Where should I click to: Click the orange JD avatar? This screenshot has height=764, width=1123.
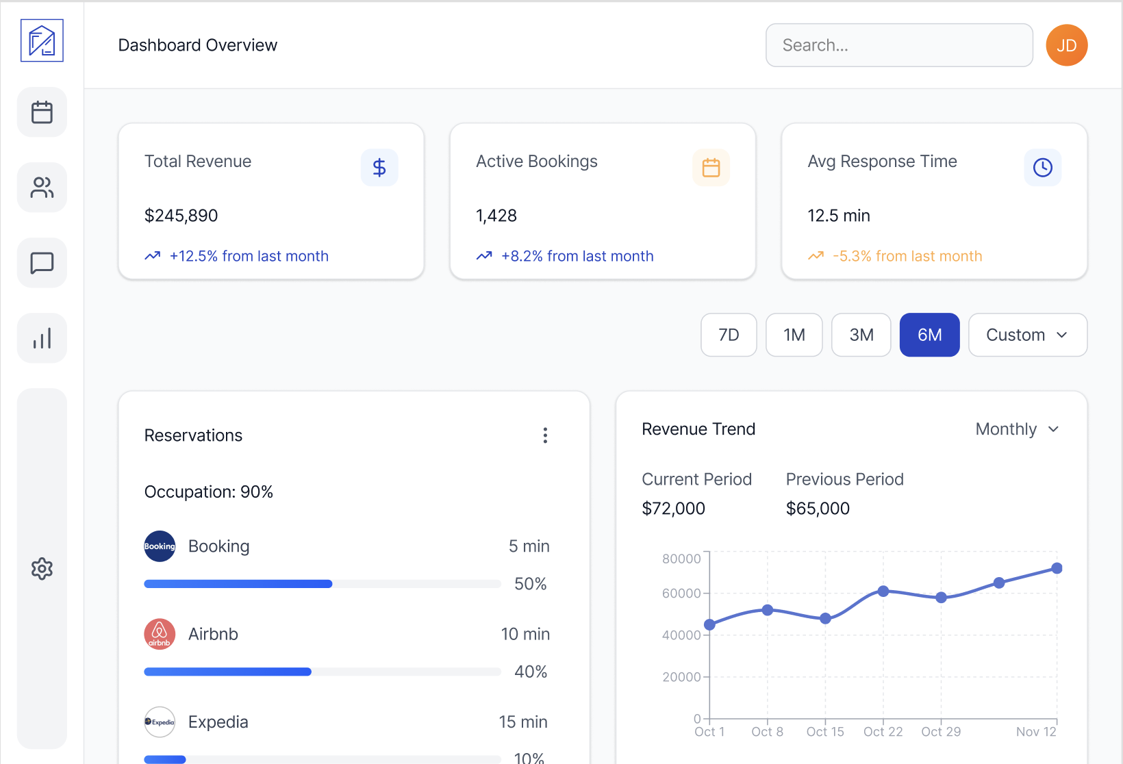coord(1066,45)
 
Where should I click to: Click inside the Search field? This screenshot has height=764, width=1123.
coord(898,45)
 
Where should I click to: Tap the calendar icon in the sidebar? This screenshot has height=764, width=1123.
coord(42,112)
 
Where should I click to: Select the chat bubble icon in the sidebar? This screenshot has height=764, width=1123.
coord(42,263)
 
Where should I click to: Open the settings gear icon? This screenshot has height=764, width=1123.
coord(42,568)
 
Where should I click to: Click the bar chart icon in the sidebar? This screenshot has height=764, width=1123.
coord(42,338)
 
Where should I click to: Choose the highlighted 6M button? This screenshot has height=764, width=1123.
coord(929,335)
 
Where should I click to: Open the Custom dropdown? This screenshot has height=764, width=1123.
coord(1027,335)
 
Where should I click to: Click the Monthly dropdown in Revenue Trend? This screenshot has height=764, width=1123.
coord(1017,429)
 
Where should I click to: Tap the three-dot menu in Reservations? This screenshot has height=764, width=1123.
coord(545,435)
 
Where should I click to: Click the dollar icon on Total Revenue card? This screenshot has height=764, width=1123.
coord(379,168)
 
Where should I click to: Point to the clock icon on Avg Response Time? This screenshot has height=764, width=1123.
coord(1042,168)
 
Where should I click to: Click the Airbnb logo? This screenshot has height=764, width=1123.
coord(160,634)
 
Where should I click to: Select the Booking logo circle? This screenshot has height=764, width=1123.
coord(160,546)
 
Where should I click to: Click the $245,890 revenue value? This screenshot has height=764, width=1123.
coord(181,216)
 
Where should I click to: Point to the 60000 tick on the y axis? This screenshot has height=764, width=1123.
coord(681,594)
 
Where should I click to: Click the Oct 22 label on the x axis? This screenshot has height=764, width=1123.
coord(883,732)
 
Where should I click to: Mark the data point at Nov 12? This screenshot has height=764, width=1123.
coord(1057,568)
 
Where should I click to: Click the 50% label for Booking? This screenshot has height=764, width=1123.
coord(530,584)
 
